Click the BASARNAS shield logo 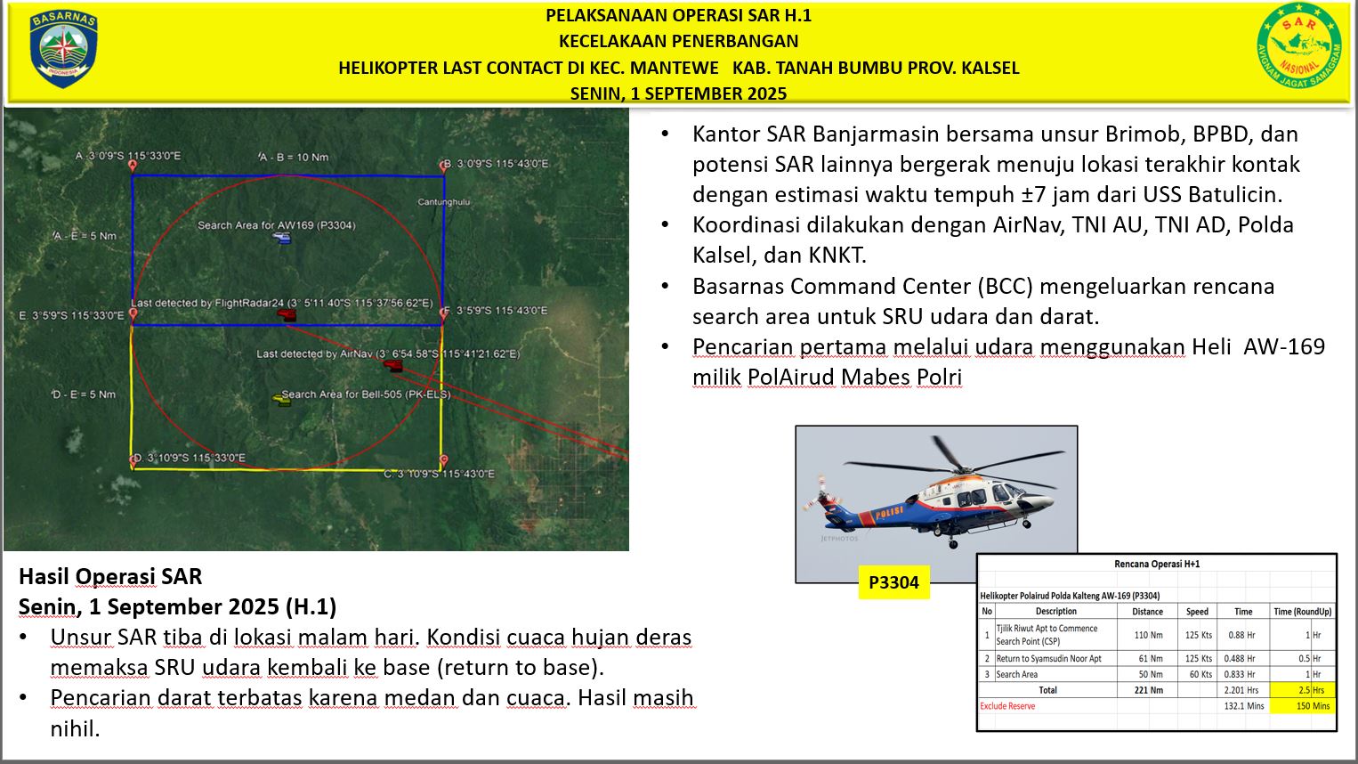(62, 49)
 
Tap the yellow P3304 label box (893, 582)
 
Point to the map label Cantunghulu (443, 202)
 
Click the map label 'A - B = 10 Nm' (294, 157)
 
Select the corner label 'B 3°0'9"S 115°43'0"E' (497, 164)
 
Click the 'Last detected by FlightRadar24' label (281, 304)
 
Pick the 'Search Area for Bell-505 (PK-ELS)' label (365, 394)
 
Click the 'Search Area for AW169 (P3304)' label (276, 225)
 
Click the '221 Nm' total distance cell (1148, 690)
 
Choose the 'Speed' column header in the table (1197, 612)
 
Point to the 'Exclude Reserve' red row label (1007, 706)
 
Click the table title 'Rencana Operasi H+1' (1157, 564)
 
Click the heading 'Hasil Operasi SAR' (110, 576)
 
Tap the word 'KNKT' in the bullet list (837, 256)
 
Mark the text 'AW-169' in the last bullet (1283, 346)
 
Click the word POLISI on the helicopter (888, 513)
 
